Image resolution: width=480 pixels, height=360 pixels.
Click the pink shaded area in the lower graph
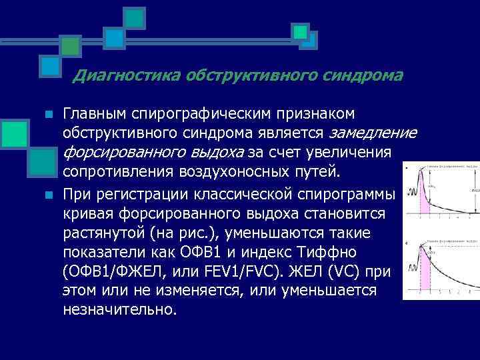click(423, 273)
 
